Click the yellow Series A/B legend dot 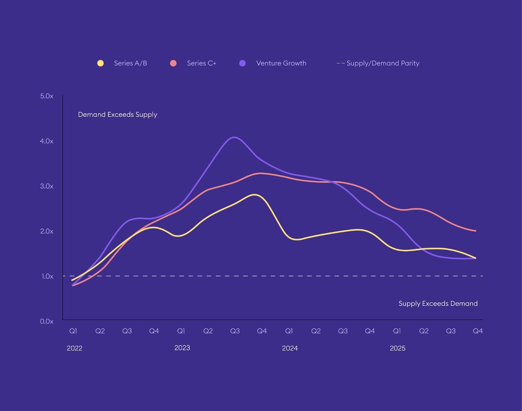(100, 63)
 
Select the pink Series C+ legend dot (173, 63)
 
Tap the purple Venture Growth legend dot (242, 63)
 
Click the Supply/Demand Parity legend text (383, 63)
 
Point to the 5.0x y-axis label (47, 96)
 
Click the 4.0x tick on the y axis (47, 141)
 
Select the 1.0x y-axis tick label (47, 276)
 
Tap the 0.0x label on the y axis (47, 321)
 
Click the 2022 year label (74, 348)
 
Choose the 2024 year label (290, 348)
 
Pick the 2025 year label (397, 348)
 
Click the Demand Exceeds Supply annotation (117, 115)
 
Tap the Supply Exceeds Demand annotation (438, 304)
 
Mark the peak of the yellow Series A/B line (255, 195)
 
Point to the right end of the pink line (475, 231)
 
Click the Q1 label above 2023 (181, 331)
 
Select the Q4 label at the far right (478, 331)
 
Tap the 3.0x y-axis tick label (47, 186)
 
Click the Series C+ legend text (202, 63)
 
